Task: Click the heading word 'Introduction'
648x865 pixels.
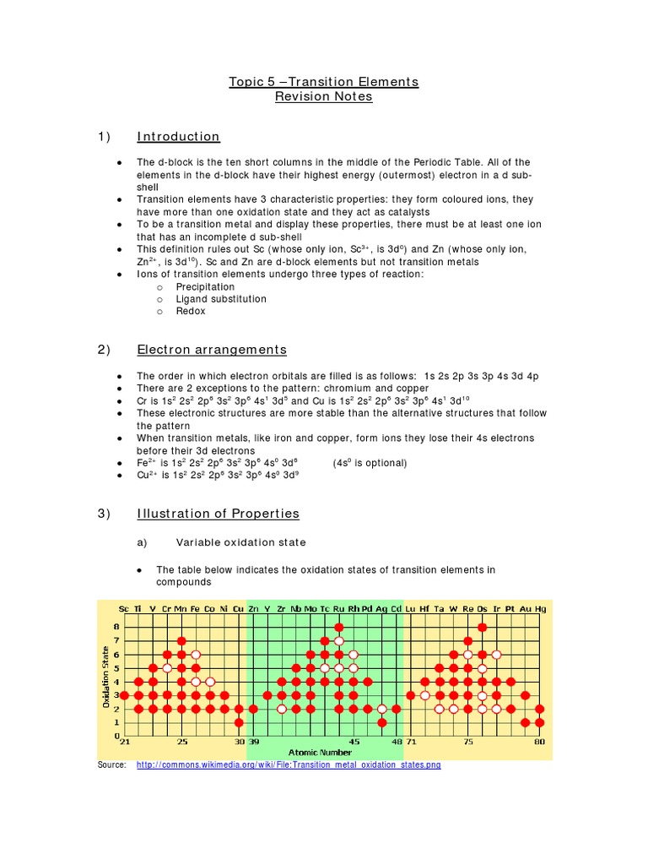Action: click(x=178, y=137)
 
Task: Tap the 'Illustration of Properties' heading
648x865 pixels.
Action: click(x=218, y=514)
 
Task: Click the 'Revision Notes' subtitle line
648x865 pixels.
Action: click(x=323, y=97)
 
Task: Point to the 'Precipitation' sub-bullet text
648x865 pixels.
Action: click(x=205, y=287)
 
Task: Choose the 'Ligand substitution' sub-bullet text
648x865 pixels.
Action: click(x=220, y=299)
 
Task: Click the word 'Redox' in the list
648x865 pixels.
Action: click(x=190, y=311)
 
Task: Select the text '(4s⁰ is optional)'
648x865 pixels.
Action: click(x=370, y=463)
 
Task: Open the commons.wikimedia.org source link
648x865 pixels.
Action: click(x=288, y=765)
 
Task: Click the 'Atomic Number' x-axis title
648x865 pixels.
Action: click(x=320, y=752)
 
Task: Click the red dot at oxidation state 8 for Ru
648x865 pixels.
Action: click(x=339, y=627)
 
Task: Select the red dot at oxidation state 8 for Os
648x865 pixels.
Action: click(x=482, y=627)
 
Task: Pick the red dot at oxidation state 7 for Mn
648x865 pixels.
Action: click(x=181, y=641)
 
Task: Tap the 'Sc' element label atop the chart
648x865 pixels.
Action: click(x=124, y=608)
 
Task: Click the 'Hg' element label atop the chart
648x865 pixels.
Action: click(x=540, y=608)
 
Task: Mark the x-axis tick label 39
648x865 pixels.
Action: click(x=253, y=742)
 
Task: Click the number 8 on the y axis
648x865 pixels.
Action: click(x=116, y=627)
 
